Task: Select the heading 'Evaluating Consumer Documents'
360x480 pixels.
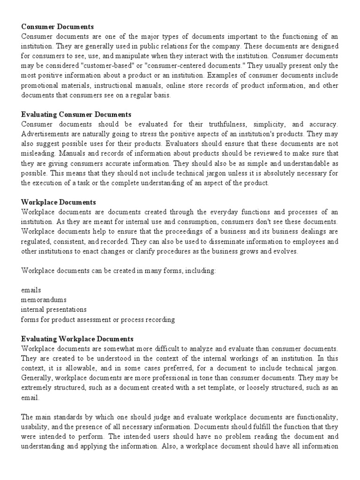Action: [x=76, y=114]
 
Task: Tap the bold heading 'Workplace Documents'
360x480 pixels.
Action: [x=59, y=202]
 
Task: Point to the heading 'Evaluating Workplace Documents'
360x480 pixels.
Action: [x=77, y=338]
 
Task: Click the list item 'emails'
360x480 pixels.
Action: [x=30, y=290]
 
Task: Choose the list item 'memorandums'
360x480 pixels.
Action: [x=44, y=300]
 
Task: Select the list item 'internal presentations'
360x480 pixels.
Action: [x=54, y=309]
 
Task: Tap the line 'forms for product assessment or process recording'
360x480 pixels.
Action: [x=98, y=319]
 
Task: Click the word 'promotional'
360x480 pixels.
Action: [x=42, y=85]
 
